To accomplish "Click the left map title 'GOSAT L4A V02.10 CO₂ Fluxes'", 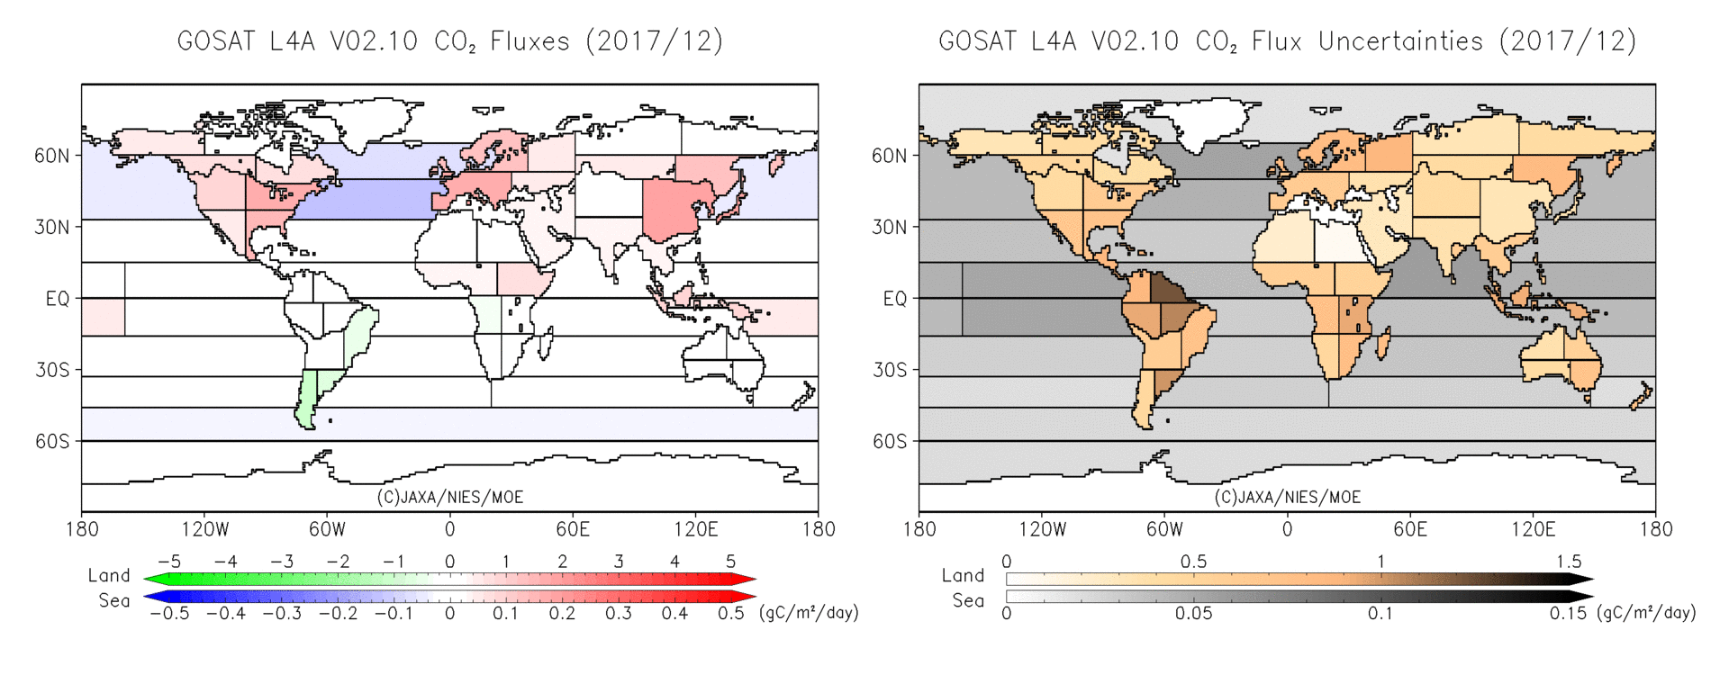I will click(x=449, y=41).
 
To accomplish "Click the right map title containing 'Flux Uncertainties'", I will click(x=1287, y=41).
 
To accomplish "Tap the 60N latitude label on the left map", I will click(x=52, y=156).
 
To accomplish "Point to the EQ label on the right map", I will click(x=895, y=299).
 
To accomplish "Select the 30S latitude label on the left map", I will click(x=52, y=370).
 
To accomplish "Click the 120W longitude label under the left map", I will click(x=204, y=529).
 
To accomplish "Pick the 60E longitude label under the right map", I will click(x=1409, y=529).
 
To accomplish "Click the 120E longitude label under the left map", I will click(x=695, y=529).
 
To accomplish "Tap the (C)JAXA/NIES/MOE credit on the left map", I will click(x=449, y=498).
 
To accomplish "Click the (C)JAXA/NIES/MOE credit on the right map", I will click(x=1287, y=498).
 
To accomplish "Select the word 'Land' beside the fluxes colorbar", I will click(x=109, y=576).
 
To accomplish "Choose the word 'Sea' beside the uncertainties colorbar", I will click(x=968, y=600).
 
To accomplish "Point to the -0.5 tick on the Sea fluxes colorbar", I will click(x=168, y=614).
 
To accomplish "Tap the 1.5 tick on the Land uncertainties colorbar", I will click(x=1568, y=562).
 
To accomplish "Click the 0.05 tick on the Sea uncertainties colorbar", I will click(x=1193, y=614).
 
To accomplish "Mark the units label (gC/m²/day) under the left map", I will click(x=809, y=613).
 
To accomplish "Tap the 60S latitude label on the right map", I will click(x=890, y=442).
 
